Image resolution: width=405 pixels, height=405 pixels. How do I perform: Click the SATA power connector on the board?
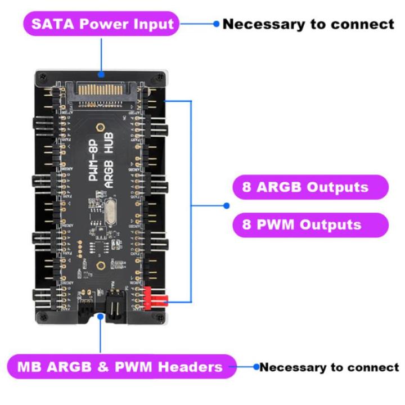coord(101,90)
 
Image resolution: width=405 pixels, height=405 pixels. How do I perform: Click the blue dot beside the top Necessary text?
coord(215,24)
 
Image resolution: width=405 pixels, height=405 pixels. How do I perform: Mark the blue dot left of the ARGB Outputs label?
coord(227,206)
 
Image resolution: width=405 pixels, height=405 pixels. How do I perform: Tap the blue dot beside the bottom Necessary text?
coord(256,367)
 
